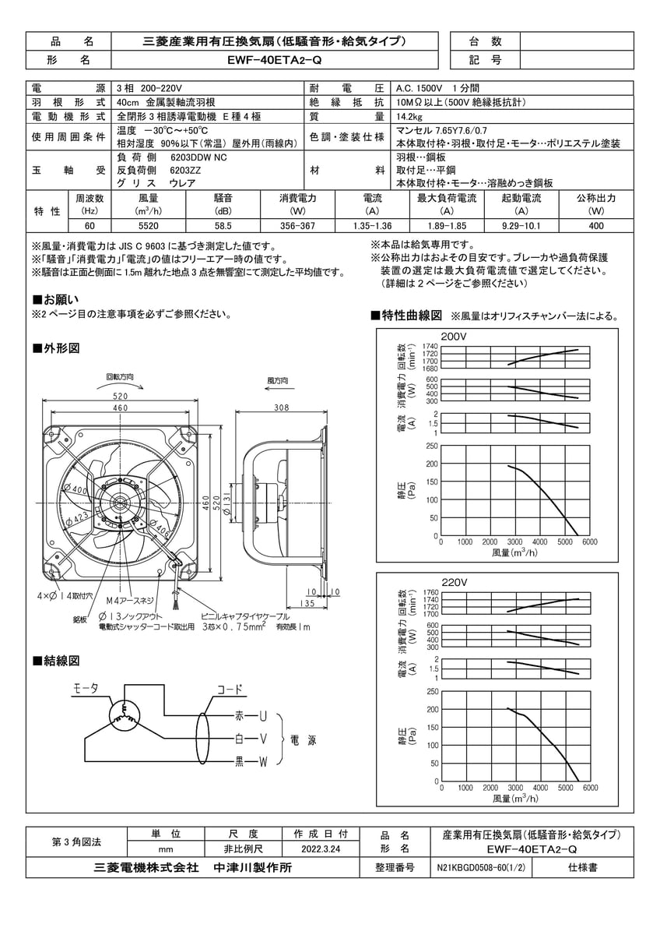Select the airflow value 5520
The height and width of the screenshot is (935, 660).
point(148,226)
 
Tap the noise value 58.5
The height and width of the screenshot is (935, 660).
point(223,226)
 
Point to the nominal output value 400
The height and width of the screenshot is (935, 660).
point(596,226)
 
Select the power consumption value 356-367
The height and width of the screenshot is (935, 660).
point(297,226)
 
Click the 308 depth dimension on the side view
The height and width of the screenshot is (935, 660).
point(282,407)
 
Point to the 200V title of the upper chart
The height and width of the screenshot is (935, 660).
point(453,336)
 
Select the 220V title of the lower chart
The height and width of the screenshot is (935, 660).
point(453,582)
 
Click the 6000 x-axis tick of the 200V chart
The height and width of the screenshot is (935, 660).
point(589,542)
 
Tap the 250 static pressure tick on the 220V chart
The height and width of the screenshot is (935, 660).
point(429,692)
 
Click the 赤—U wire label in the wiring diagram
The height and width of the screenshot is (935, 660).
point(250,715)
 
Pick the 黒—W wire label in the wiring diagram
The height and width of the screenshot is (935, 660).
point(250,761)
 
